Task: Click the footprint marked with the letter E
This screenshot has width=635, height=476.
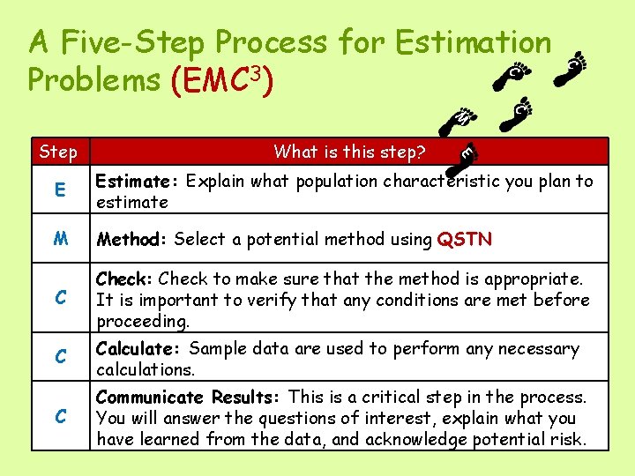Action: point(469,153)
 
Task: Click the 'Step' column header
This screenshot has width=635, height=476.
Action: point(58,152)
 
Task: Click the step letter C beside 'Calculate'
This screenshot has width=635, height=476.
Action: point(60,357)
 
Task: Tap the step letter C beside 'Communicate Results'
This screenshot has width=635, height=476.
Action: point(60,417)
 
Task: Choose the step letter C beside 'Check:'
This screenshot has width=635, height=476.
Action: point(60,298)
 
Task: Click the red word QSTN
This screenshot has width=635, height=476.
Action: point(465,239)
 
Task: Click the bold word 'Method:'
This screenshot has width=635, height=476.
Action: point(132,239)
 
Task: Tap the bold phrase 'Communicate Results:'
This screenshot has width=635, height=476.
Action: point(189,398)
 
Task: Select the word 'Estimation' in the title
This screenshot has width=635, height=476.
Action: point(473,41)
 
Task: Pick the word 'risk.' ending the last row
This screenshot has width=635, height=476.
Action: point(566,438)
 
